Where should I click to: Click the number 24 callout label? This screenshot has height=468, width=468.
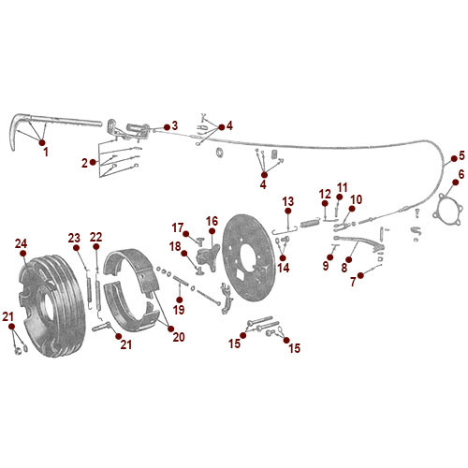tap(22, 244)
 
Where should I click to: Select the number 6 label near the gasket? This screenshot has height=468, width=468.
tap(460, 174)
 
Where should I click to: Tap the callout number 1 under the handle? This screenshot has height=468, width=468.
tap(44, 150)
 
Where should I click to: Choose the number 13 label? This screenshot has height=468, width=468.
tap(288, 201)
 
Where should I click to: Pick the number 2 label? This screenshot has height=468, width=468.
tap(84, 163)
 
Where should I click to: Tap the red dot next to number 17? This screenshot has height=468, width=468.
tap(187, 232)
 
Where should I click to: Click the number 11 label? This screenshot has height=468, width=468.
tap(342, 186)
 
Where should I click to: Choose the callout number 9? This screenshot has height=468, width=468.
tap(327, 265)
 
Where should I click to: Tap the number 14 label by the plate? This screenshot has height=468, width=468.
tap(284, 268)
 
